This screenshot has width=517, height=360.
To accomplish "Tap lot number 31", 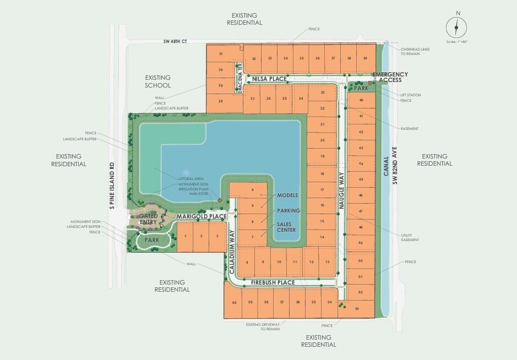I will pyautogui.click(x=220, y=54).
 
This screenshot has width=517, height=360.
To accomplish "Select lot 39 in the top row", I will pyautogui.click(x=365, y=58).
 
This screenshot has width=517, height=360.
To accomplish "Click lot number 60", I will pyautogui.click(x=234, y=303).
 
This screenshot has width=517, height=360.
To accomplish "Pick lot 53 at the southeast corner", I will pyautogui.click(x=357, y=309).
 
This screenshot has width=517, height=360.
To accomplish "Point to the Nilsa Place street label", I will pyautogui.click(x=269, y=79).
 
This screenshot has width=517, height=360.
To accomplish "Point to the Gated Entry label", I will pyautogui.click(x=148, y=219).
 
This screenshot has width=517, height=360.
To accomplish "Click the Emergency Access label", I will pyautogui.click(x=390, y=77).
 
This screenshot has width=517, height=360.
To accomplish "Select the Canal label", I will pyautogui.click(x=387, y=167).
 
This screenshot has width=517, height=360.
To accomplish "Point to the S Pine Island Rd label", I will pyautogui.click(x=111, y=186).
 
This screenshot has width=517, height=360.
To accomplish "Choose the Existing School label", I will pyautogui.click(x=158, y=81).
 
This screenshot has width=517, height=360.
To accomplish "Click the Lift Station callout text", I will pyautogui.click(x=411, y=95).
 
